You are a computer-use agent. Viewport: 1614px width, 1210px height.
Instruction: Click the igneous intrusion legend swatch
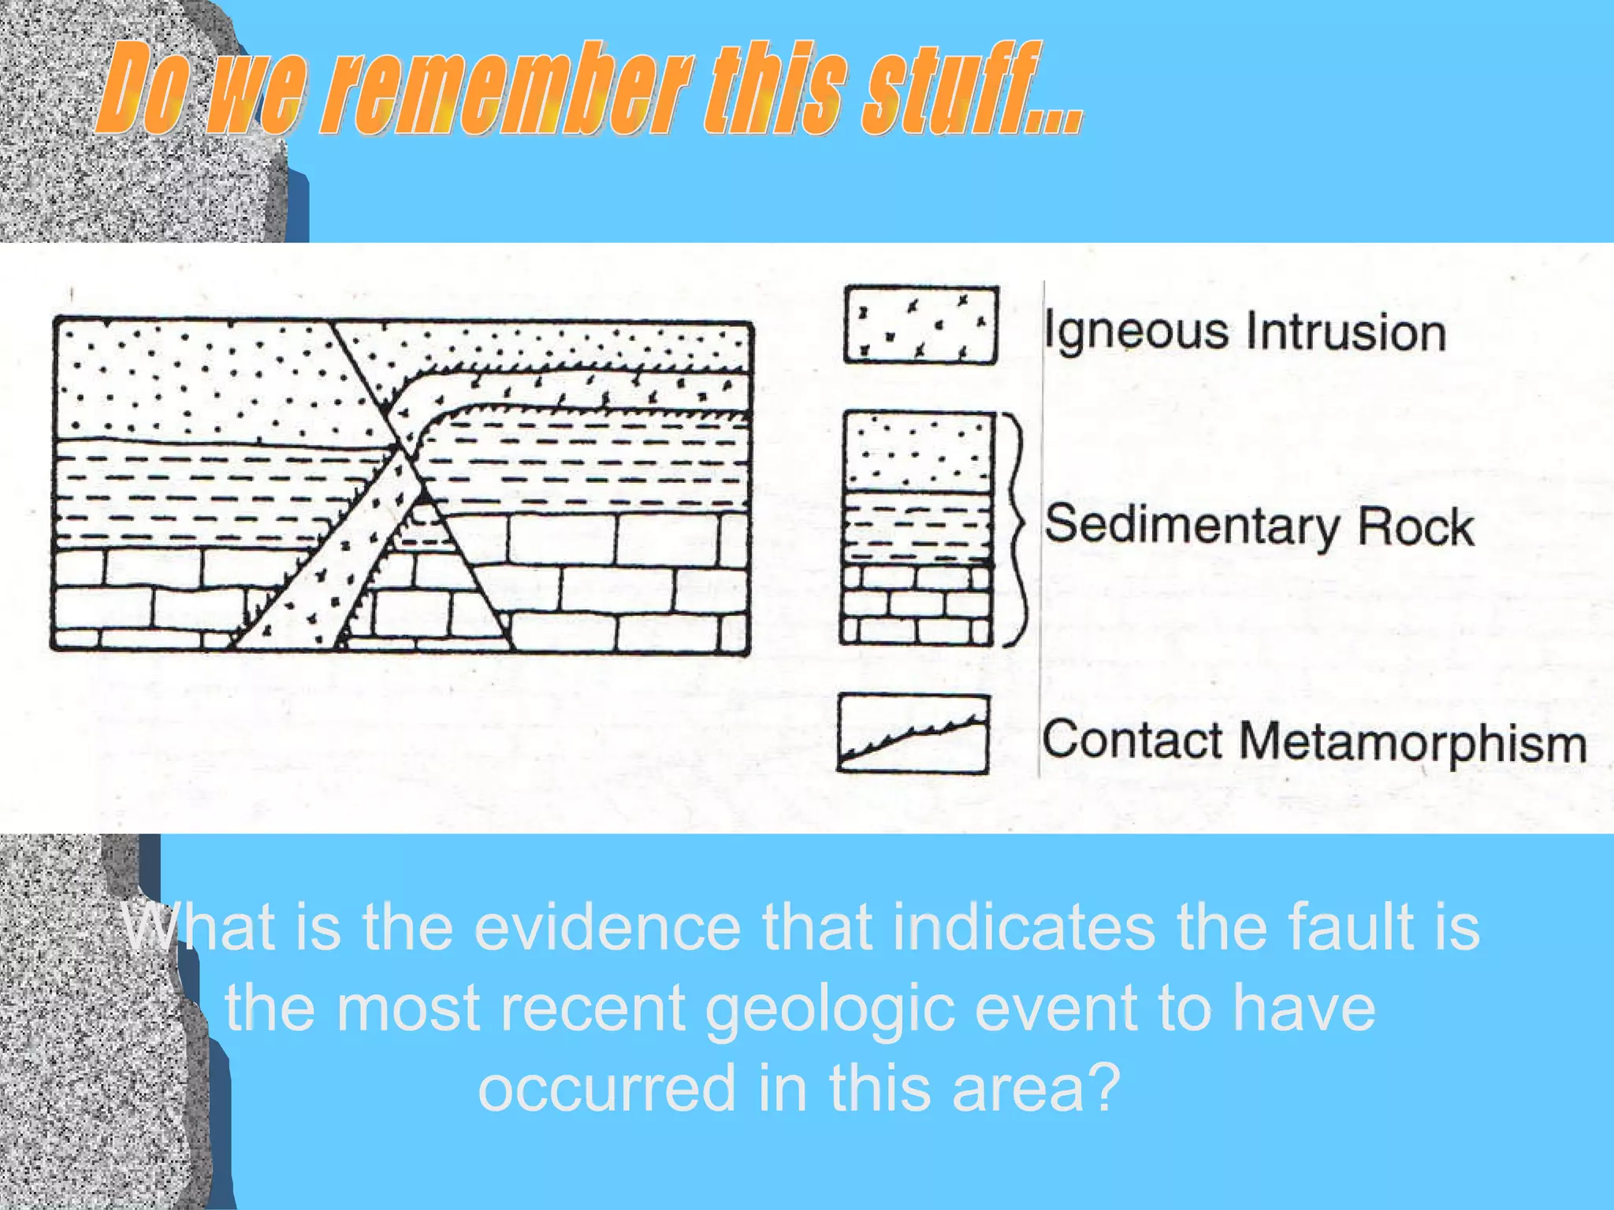pyautogui.click(x=920, y=325)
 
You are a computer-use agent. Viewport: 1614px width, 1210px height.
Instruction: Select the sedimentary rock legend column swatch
pyautogui.click(x=917, y=527)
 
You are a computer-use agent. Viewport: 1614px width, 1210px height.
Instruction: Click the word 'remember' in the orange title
pyautogui.click(x=509, y=88)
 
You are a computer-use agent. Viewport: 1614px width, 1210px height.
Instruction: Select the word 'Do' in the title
pyautogui.click(x=142, y=88)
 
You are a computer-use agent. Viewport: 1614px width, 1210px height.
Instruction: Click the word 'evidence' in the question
pyautogui.click(x=607, y=927)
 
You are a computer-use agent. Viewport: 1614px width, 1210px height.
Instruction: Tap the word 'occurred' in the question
pyautogui.click(x=607, y=1088)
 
